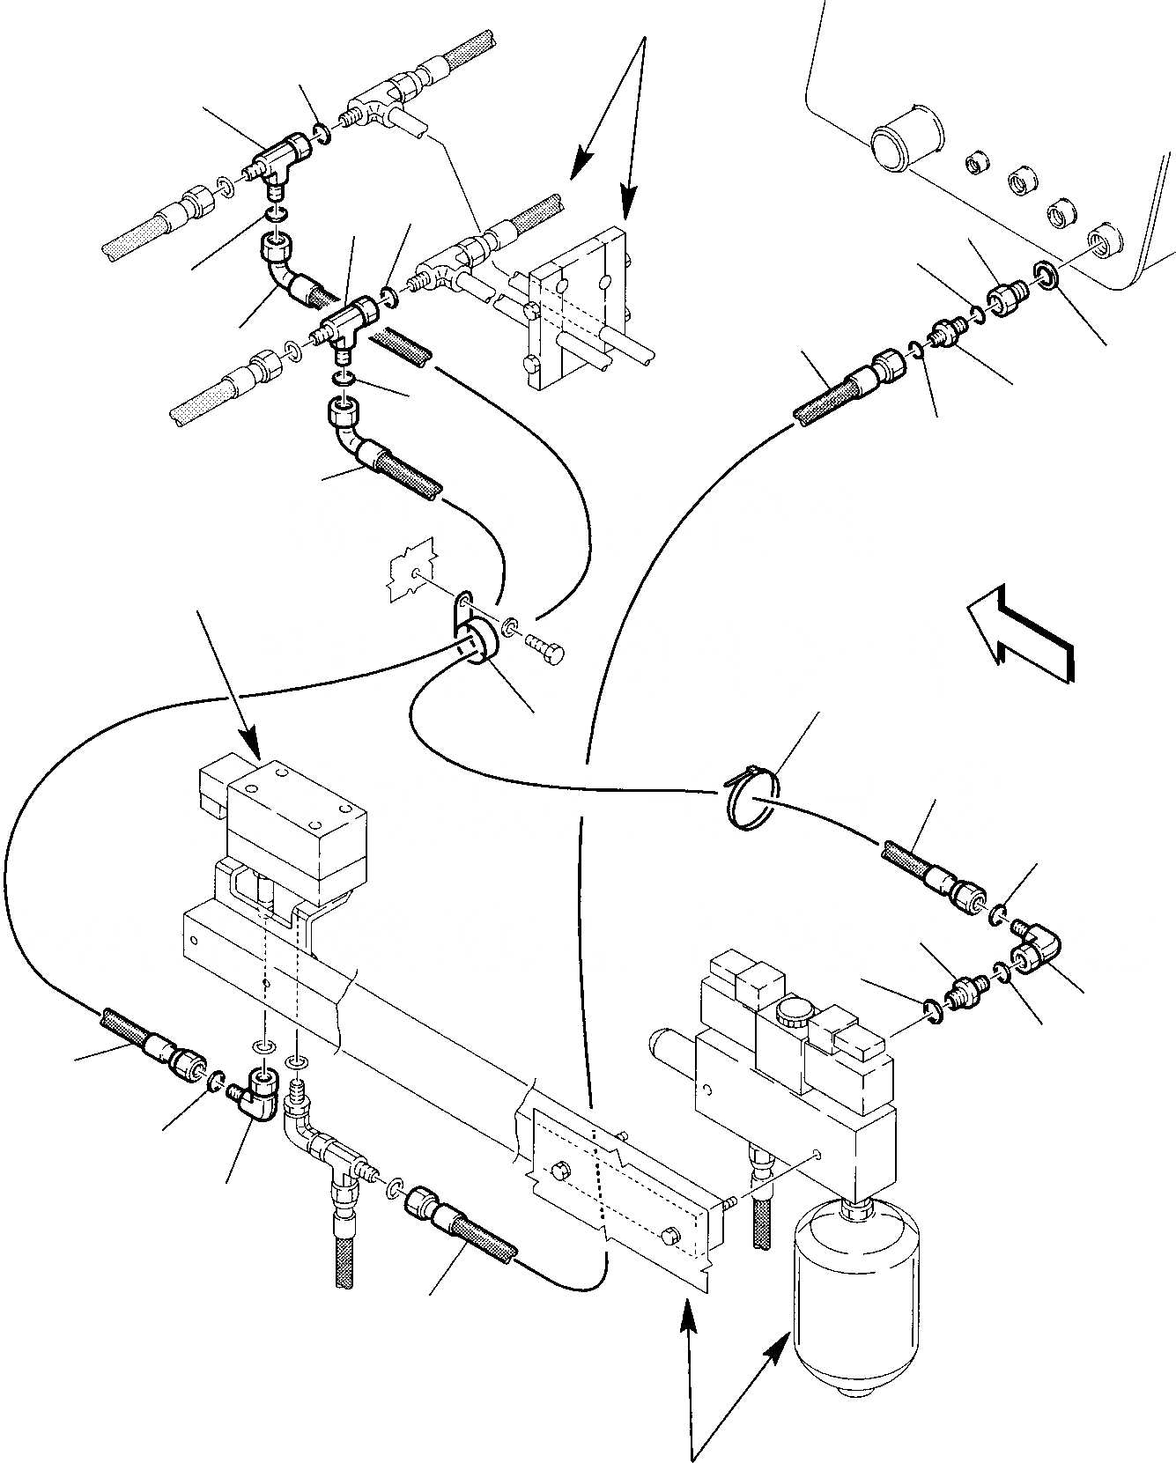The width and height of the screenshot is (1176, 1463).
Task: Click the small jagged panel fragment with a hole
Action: click(x=411, y=572)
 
